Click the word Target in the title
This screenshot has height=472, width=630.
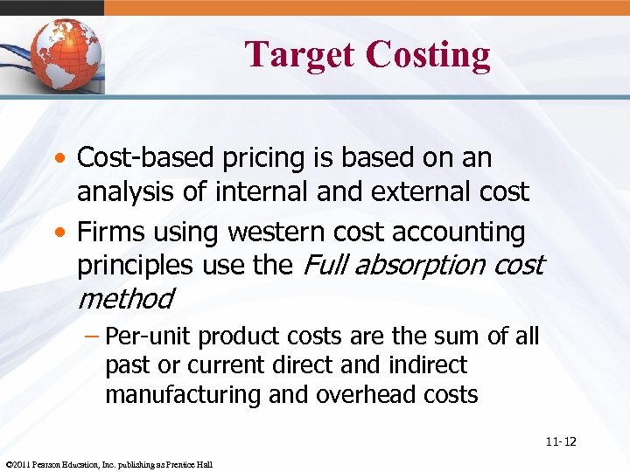tap(300, 54)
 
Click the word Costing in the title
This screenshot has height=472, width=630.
tap(429, 54)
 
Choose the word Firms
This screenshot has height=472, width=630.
tap(107, 232)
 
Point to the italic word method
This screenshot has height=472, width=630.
tap(126, 298)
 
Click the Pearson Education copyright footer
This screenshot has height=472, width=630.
tap(108, 464)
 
